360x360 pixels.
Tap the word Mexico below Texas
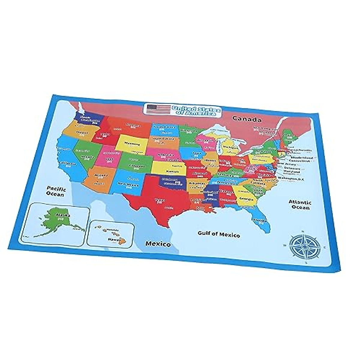158,244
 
